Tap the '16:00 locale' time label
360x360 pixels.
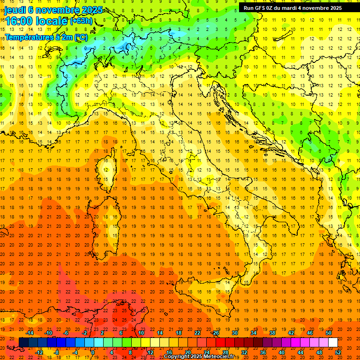click(37, 21)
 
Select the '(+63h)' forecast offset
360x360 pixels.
click(81, 21)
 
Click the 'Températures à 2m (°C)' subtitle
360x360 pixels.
click(46, 37)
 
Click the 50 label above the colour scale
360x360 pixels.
click(329, 333)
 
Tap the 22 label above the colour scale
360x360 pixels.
click(197, 333)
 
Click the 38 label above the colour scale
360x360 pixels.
click(272, 333)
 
